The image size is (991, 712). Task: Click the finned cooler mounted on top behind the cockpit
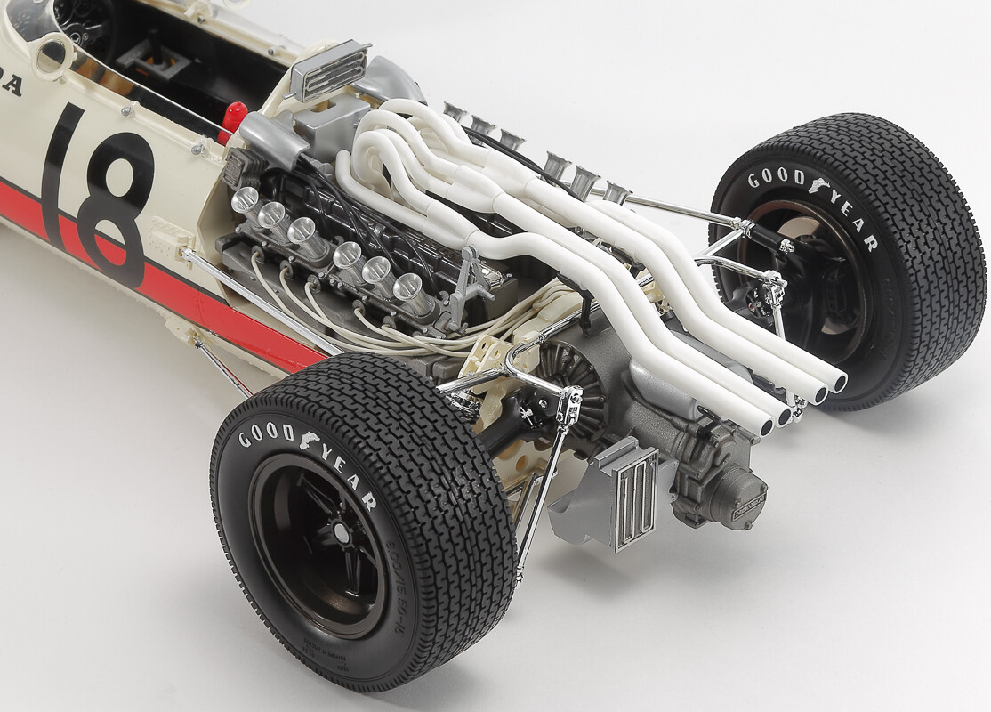pos(328,69)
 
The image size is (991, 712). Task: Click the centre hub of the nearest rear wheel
pos(337,535)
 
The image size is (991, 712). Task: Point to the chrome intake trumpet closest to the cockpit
pos(245,199)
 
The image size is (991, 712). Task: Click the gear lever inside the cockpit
pos(142,53)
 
